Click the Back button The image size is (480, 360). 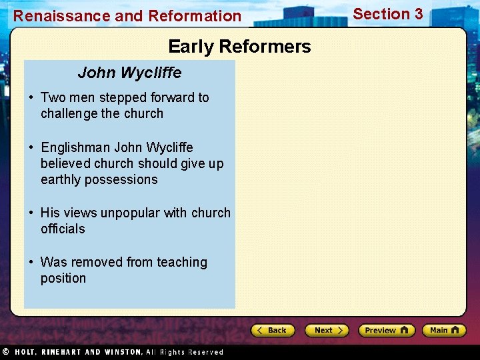coord(273,330)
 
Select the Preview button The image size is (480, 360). coord(386,330)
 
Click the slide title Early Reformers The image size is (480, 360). coord(239,47)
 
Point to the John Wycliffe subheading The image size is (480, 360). coord(129,72)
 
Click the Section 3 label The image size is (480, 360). coord(387,14)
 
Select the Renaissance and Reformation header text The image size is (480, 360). coord(127,16)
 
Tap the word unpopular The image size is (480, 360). coord(130,213)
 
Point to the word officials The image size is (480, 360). coord(63,229)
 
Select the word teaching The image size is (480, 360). coord(182,262)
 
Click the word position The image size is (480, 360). coord(63,278)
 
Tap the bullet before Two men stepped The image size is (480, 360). coord(31,98)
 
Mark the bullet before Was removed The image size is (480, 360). coord(31,263)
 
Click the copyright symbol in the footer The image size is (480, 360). coord(5,351)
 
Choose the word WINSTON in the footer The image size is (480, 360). coord(122,352)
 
